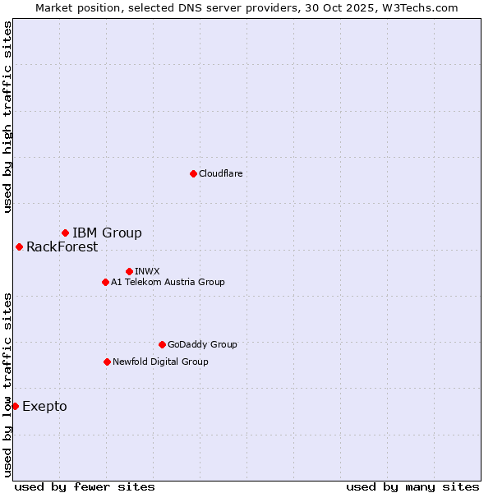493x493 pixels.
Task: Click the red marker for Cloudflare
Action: tap(193, 173)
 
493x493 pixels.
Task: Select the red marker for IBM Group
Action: tap(65, 233)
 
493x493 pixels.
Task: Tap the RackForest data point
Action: tap(19, 246)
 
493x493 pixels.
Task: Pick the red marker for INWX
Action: tap(129, 271)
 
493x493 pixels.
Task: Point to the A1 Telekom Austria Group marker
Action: tap(105, 282)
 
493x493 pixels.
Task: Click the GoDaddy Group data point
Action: tap(162, 344)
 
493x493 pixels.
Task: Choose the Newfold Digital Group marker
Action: tap(107, 362)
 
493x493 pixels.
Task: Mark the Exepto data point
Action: tap(15, 406)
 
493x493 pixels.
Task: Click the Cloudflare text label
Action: tap(220, 173)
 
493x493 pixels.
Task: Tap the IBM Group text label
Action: tap(107, 233)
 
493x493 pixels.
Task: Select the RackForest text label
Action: tap(62, 246)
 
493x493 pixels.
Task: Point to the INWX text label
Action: tap(147, 271)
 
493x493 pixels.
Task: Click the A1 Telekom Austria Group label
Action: tap(168, 282)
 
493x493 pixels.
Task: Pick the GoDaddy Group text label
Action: tap(202, 344)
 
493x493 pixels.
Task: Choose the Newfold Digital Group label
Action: tap(160, 362)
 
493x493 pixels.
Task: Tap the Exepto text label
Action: tap(44, 406)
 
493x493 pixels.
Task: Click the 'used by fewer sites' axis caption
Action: tap(85, 486)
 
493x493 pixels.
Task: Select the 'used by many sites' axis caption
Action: tap(412, 486)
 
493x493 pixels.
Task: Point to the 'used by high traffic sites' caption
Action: tap(7, 117)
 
